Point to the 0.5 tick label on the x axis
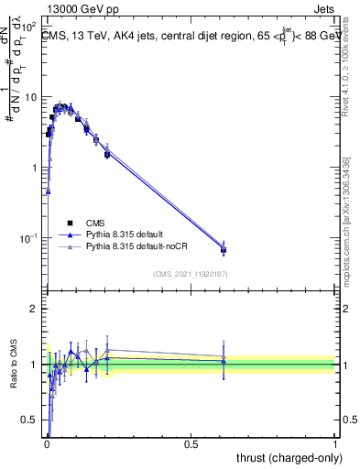(x=191, y=444)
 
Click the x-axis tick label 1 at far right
(x=335, y=444)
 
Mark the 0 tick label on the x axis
(x=47, y=444)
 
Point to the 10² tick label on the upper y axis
(x=30, y=27)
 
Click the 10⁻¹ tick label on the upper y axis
(x=30, y=239)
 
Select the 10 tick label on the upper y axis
(x=32, y=97)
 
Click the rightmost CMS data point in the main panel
(x=224, y=249)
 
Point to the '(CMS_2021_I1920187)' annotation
(x=190, y=273)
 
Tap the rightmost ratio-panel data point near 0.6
(x=224, y=361)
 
